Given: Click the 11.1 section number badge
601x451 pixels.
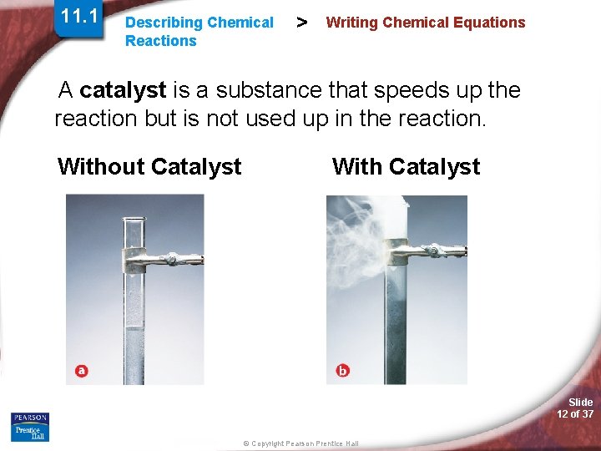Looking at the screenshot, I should (79, 17).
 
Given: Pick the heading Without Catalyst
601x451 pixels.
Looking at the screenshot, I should (149, 167).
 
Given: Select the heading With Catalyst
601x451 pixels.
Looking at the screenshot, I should (406, 167).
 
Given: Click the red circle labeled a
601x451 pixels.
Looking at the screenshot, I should (81, 371).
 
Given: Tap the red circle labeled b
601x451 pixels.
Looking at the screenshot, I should (343, 370).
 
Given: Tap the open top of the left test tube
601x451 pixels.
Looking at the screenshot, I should (134, 221).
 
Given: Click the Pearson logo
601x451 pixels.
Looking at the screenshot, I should (30, 418).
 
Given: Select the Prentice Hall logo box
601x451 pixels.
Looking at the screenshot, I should (30, 433).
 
